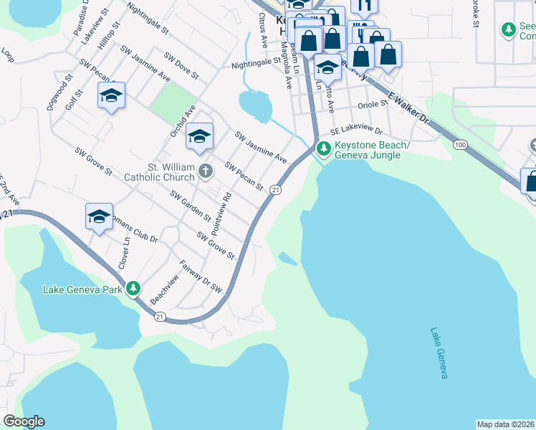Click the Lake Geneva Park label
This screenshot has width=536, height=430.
point(82,290)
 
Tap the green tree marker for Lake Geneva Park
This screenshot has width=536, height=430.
point(133,289)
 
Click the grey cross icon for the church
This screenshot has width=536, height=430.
point(206,171)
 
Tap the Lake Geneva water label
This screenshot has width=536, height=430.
point(439,353)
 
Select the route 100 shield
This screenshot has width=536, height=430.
point(459,145)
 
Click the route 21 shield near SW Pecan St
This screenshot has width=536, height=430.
point(274,190)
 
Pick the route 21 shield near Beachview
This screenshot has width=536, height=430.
point(159,317)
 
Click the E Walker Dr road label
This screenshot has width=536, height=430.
point(407,106)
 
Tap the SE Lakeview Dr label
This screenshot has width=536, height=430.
point(357,133)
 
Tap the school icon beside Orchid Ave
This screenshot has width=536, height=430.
point(199,135)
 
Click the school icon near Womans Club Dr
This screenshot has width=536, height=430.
point(99,216)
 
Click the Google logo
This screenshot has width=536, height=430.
point(24,421)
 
